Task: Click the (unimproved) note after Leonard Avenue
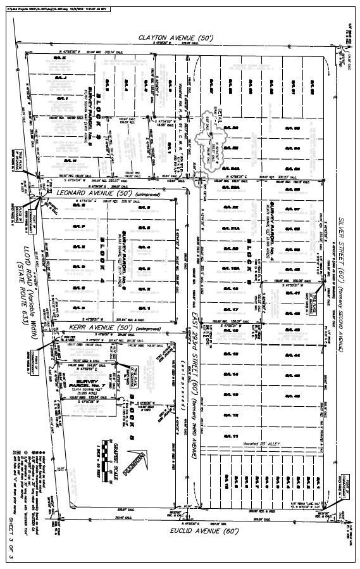click(154, 192)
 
